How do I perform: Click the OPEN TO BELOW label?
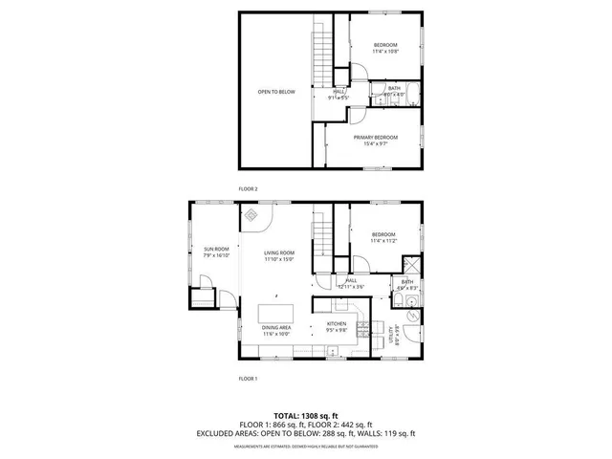point(275,92)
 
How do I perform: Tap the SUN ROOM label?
point(215,250)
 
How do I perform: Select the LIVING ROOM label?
point(279,252)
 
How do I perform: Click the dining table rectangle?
point(276,313)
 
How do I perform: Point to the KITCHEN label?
point(337,324)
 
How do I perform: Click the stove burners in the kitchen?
point(363,331)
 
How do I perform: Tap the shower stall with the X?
point(410,265)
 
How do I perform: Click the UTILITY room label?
point(391,336)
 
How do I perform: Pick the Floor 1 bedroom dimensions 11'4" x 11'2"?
point(382,241)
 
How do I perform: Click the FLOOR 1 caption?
point(248,379)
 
